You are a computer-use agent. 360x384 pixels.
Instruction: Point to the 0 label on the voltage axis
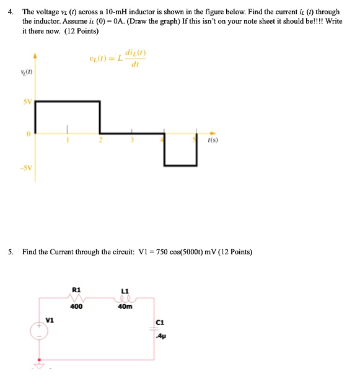[x=29, y=133]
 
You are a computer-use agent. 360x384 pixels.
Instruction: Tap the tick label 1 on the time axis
[x=69, y=140]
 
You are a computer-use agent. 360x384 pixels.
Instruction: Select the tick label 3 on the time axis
[x=131, y=140]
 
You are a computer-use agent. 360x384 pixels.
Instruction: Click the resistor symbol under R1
[x=77, y=298]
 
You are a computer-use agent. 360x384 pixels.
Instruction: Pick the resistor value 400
[x=77, y=306]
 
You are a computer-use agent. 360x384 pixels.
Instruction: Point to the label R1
[x=76, y=289]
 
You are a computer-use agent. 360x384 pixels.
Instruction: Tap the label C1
[x=161, y=321]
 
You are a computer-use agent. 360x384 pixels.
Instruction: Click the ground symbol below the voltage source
[x=39, y=365]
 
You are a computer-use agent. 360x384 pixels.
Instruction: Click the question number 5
[x=11, y=252]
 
